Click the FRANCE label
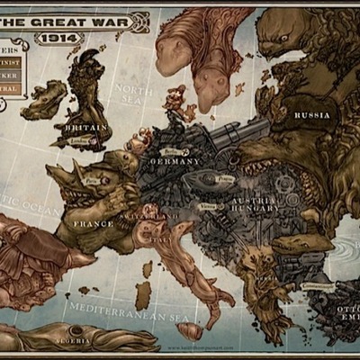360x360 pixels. coord(94,223)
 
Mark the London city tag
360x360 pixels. coord(79,141)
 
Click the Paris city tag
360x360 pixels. coord(93,181)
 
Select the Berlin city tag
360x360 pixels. coord(172,152)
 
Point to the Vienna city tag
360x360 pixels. coord(209,205)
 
